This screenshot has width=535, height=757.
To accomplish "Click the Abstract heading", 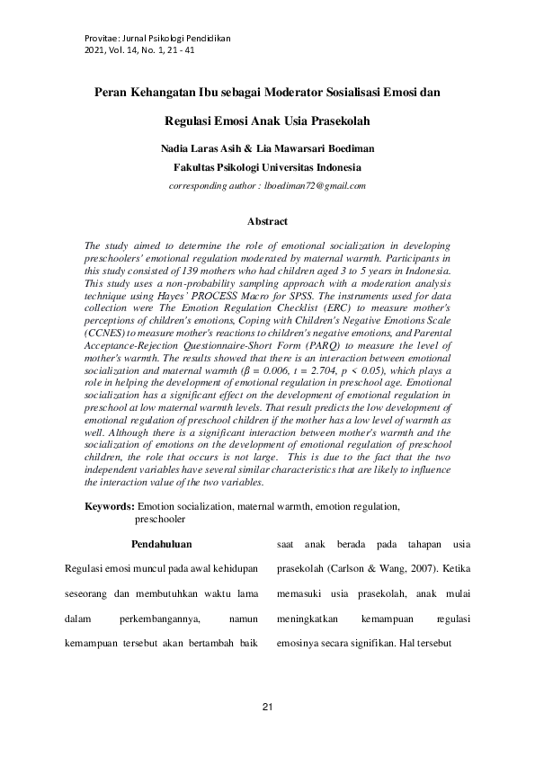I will click(267, 221).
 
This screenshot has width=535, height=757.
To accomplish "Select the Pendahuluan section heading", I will click(162, 544).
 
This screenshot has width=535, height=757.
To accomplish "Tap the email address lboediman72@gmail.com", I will click(317, 186).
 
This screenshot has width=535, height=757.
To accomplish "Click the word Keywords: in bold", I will click(110, 507).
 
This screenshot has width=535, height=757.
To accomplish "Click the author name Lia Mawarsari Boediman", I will click(310, 147).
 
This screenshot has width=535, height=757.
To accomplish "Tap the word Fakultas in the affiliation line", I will click(195, 167).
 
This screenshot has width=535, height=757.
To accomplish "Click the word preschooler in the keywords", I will click(160, 519).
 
